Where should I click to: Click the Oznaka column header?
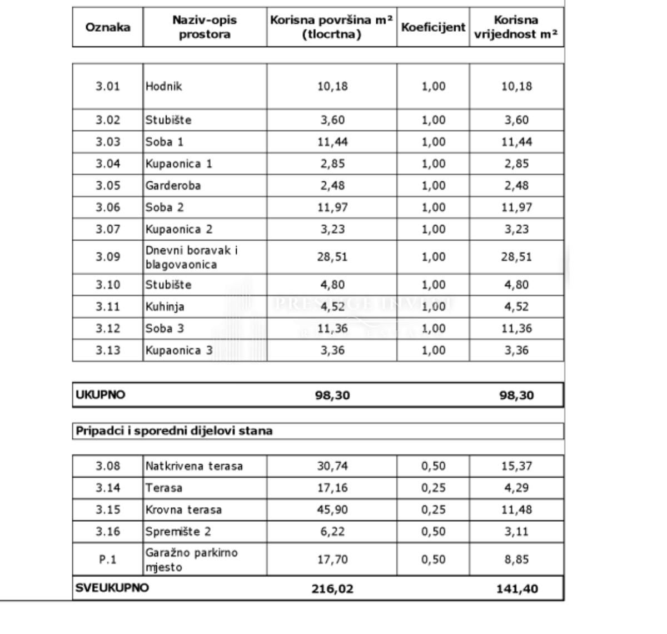pyautogui.click(x=107, y=27)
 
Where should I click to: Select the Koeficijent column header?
pyautogui.click(x=433, y=27)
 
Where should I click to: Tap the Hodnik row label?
pyautogui.click(x=164, y=86)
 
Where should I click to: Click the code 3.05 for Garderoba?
pyautogui.click(x=107, y=185)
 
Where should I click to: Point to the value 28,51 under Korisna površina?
pyautogui.click(x=332, y=257)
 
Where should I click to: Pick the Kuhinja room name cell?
pyautogui.click(x=165, y=306)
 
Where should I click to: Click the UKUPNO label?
pyautogui.click(x=101, y=395)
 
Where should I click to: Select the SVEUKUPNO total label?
pyautogui.click(x=112, y=588)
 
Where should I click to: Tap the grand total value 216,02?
pyautogui.click(x=332, y=588)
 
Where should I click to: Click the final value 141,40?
pyautogui.click(x=517, y=588)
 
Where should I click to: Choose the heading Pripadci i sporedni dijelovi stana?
pyautogui.click(x=174, y=431)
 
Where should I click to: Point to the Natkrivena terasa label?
pyautogui.click(x=194, y=466)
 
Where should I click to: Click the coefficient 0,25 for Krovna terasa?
pyautogui.click(x=433, y=509)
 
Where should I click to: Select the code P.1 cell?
pyautogui.click(x=107, y=559)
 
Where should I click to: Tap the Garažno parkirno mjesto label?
pyautogui.click(x=191, y=559)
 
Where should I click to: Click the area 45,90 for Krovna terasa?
pyautogui.click(x=332, y=509)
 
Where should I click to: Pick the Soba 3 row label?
pyautogui.click(x=165, y=328)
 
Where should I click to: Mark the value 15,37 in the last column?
pyautogui.click(x=517, y=466)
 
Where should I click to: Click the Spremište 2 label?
pyautogui.click(x=178, y=531)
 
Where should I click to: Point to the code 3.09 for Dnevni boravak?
pyautogui.click(x=107, y=257)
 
